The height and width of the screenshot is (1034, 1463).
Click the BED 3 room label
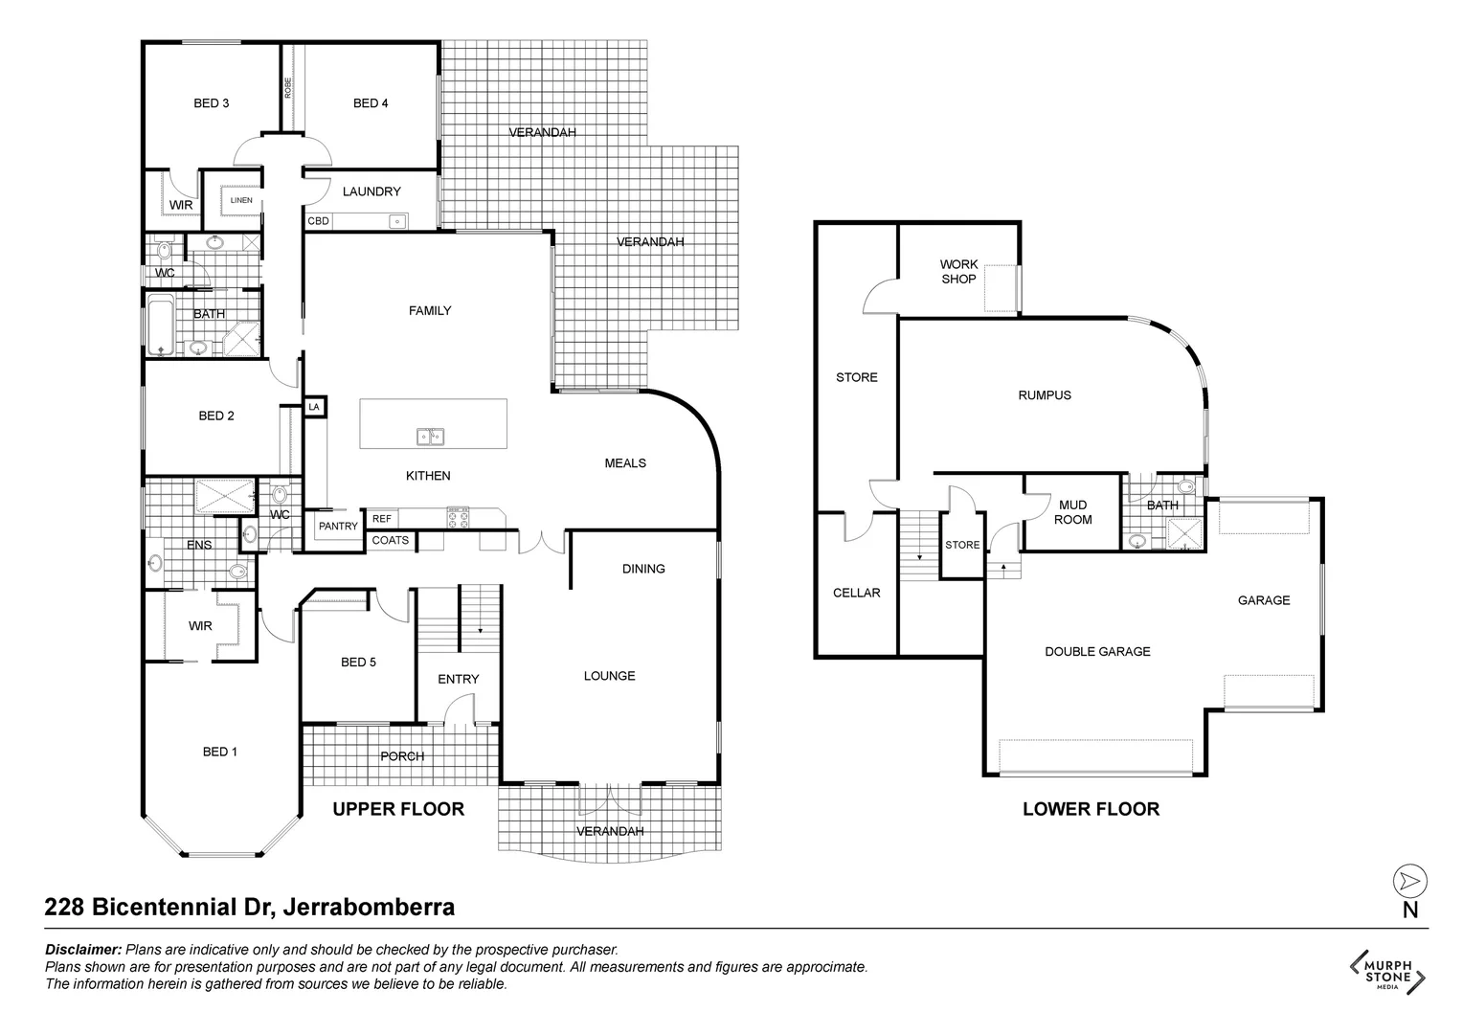click(x=211, y=103)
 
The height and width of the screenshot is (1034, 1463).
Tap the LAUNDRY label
click(x=371, y=191)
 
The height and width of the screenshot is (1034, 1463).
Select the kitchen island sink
click(x=430, y=437)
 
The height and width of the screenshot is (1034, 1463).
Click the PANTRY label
click(x=338, y=527)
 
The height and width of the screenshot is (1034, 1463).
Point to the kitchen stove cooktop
click(x=458, y=518)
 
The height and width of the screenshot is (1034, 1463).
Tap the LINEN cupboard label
click(x=241, y=200)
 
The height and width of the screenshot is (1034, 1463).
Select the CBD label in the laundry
click(x=318, y=221)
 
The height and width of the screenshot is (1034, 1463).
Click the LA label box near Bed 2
click(x=314, y=407)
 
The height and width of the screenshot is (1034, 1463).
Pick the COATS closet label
click(x=391, y=541)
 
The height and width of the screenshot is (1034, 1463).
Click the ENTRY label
click(x=458, y=679)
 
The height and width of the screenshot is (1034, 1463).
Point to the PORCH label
click(x=402, y=756)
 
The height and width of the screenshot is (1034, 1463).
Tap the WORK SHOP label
click(x=958, y=272)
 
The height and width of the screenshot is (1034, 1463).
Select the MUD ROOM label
click(x=1072, y=512)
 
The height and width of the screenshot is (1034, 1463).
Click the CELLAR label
click(x=856, y=593)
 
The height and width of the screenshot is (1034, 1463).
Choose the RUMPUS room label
click(x=1045, y=394)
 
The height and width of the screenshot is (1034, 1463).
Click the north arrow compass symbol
click(x=1409, y=881)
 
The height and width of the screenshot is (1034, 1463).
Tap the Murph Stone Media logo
click(x=1387, y=970)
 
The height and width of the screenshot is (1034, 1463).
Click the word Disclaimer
click(x=83, y=950)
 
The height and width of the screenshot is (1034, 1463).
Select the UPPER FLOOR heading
click(x=398, y=809)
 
